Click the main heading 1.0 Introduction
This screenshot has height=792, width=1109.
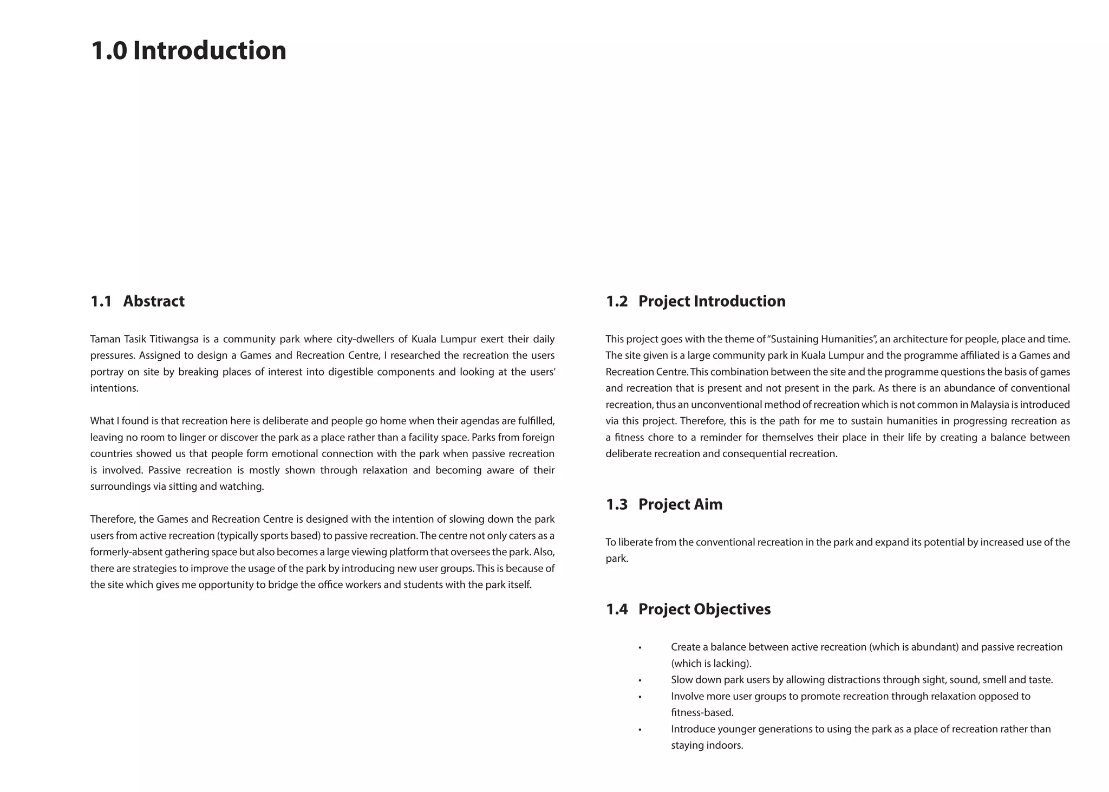[x=188, y=50]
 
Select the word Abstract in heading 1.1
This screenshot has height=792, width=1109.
[x=154, y=301]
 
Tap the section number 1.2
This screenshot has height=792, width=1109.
[x=616, y=301]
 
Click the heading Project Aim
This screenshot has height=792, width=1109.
[x=680, y=504]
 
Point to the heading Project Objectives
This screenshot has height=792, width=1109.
[x=704, y=609]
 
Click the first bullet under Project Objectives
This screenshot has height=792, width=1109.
[x=640, y=647]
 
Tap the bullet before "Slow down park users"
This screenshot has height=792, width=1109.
[x=640, y=680]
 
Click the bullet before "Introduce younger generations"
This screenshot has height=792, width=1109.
[x=640, y=730]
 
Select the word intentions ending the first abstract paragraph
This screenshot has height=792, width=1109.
[x=114, y=388]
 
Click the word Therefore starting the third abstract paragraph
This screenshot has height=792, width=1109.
[x=113, y=519]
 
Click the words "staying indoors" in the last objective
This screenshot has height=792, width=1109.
[x=707, y=745]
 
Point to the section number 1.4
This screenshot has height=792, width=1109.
[x=616, y=609]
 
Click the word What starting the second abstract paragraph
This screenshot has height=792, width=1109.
[x=101, y=421]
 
